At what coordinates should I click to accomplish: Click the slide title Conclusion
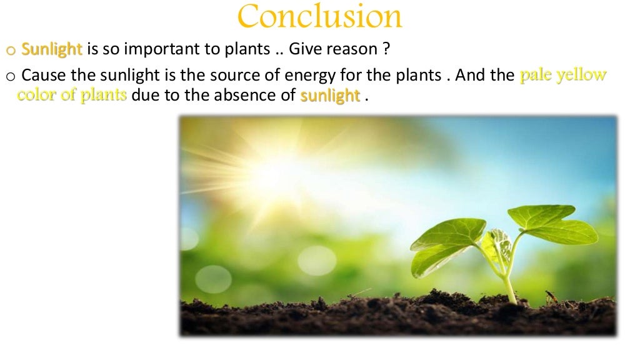pyautogui.click(x=319, y=17)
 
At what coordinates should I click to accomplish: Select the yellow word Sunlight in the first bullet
pyautogui.click(x=52, y=49)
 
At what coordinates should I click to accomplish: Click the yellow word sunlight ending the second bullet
pyautogui.click(x=330, y=96)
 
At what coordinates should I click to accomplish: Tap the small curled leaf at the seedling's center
pyautogui.click(x=501, y=244)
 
